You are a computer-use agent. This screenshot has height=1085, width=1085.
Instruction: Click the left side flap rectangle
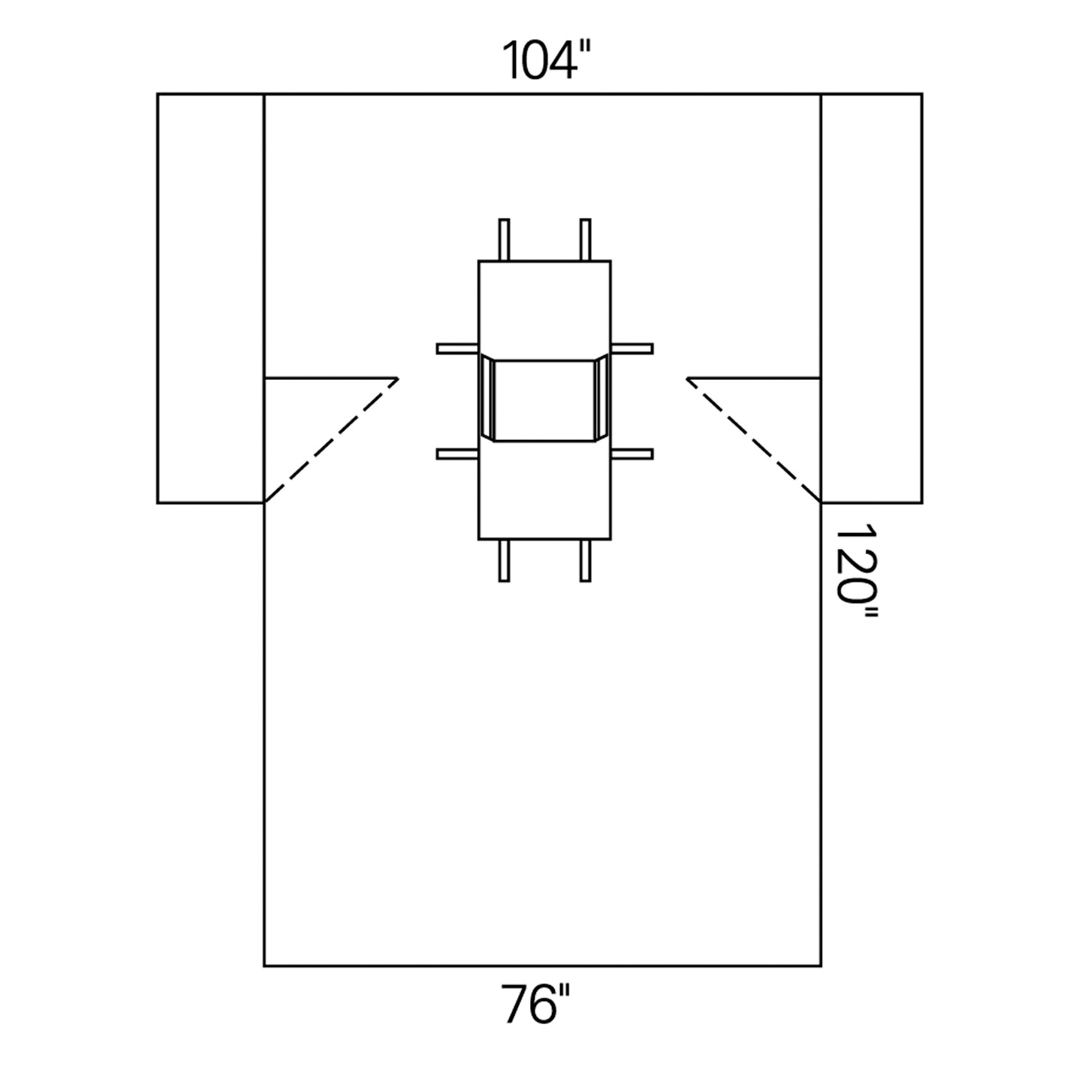pos(210,297)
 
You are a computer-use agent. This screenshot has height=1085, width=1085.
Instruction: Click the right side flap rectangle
pos(871,297)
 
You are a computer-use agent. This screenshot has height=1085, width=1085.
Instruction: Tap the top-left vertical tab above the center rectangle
pos(505,239)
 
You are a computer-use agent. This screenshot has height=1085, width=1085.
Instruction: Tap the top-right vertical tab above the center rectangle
pos(586,239)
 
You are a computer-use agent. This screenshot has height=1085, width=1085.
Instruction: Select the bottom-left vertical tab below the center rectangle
pos(505,560)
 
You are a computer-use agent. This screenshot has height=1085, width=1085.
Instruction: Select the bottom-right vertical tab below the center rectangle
pos(586,560)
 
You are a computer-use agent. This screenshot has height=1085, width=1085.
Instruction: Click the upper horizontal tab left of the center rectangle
pos(457,348)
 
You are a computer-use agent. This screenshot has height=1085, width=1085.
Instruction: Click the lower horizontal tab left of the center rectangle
pos(457,454)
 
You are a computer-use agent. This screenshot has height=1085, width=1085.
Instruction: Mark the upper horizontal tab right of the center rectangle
pos(632,348)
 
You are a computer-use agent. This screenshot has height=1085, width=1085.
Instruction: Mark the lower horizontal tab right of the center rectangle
pos(632,454)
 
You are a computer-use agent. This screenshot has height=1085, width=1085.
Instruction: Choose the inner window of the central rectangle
pos(544,399)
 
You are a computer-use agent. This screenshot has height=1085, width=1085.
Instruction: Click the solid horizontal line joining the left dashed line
pos(330,378)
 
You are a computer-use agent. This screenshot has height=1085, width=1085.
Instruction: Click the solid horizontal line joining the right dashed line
pos(754,378)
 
